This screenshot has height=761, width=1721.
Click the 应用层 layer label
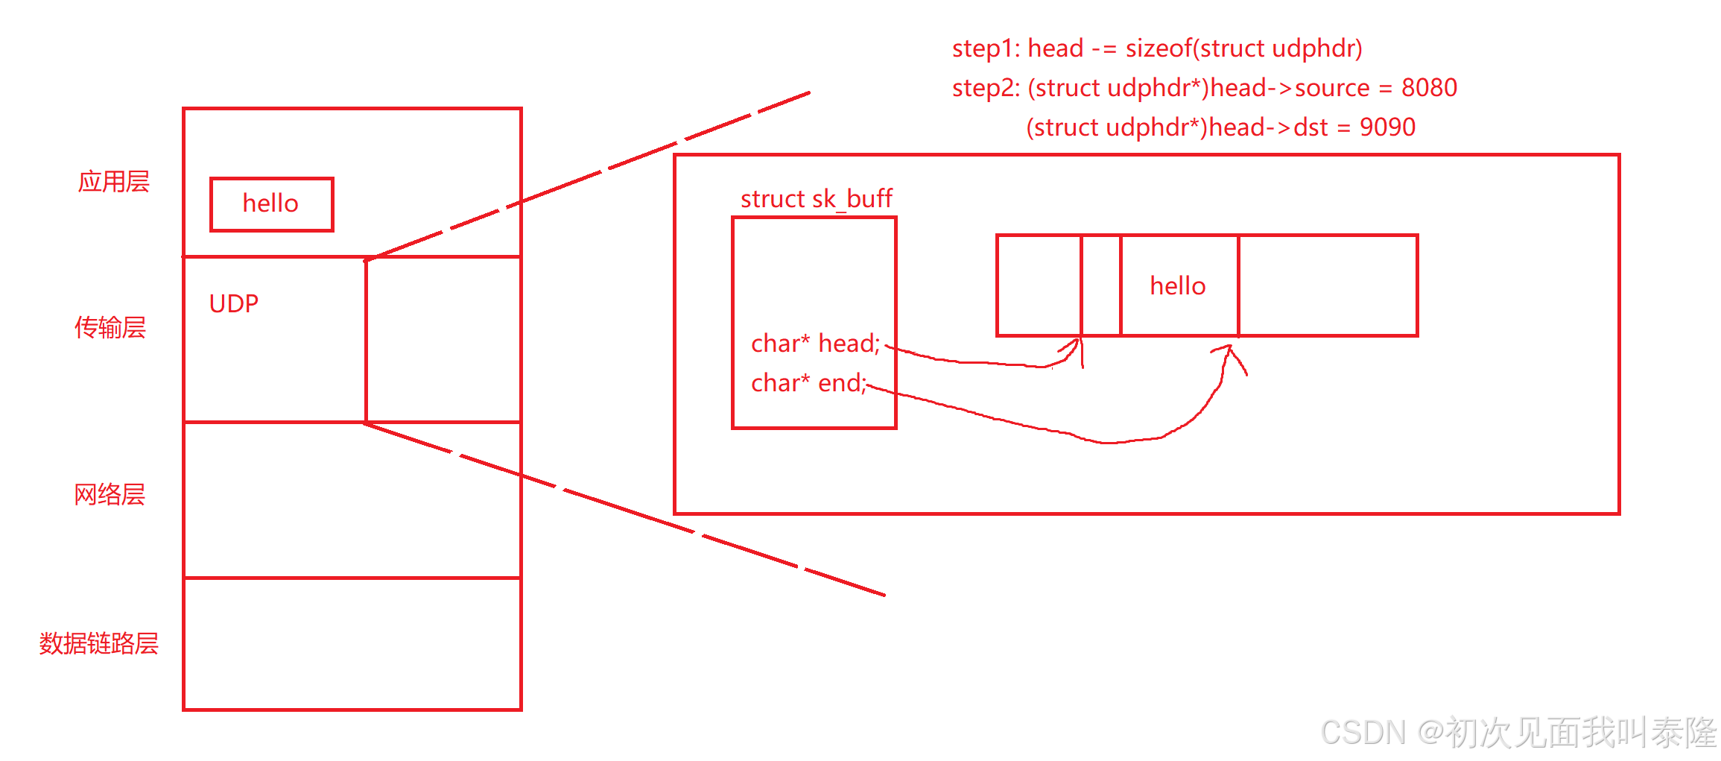[x=114, y=182]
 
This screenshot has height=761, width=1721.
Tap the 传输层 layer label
[x=110, y=327]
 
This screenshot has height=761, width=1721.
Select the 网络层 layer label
[x=110, y=494]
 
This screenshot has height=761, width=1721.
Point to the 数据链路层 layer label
[x=99, y=643]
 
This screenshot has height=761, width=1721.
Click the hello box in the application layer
[x=271, y=204]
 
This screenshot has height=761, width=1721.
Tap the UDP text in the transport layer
[x=233, y=303]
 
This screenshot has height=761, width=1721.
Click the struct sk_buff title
[x=816, y=199]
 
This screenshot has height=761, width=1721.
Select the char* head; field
[x=815, y=344]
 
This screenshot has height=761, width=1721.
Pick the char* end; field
[x=808, y=383]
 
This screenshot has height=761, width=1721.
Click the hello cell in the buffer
[x=1178, y=286]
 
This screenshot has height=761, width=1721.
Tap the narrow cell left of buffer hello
[x=1100, y=286]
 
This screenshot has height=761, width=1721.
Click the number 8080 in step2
[x=1429, y=88]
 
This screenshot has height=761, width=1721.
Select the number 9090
[x=1387, y=127]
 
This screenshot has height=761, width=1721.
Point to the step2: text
[x=986, y=88]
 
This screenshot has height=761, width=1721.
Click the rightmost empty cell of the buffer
[x=1328, y=286]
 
